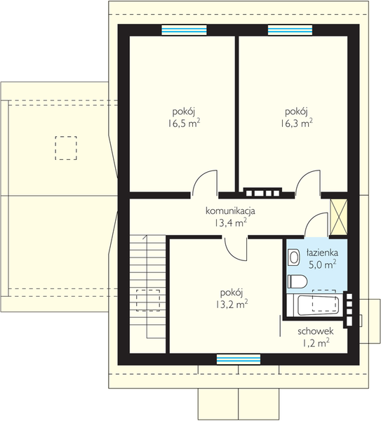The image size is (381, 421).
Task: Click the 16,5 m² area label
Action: click(185, 123)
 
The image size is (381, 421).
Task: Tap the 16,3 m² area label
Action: click(297, 123)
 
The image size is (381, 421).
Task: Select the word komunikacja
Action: click(230, 211)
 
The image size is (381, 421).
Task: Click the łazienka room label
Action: click(322, 253)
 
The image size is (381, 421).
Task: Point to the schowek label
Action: click(316, 331)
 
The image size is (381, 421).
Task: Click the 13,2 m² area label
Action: click(231, 305)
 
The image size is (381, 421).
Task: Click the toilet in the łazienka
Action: click(298, 281)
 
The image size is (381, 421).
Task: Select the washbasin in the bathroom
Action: click(293, 258)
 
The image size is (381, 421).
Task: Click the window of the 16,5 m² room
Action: click(185, 30)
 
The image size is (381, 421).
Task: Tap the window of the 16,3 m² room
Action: click(290, 30)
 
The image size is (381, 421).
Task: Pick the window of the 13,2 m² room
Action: click(239, 359)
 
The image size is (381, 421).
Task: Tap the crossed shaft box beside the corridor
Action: click(338, 218)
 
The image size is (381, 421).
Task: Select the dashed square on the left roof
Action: click(66, 148)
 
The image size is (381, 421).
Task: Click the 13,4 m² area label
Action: click(230, 223)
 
